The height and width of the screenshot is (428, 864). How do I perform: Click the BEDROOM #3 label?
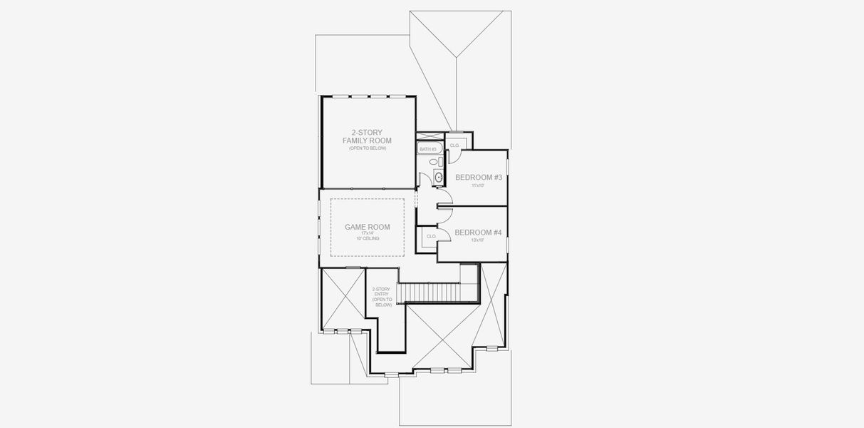click(479, 177)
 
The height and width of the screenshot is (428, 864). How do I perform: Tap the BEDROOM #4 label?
click(478, 233)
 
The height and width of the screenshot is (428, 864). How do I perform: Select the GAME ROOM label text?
click(367, 227)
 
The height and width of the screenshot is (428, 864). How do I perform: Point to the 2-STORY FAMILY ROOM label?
click(367, 136)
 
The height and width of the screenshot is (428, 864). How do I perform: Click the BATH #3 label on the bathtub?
click(427, 149)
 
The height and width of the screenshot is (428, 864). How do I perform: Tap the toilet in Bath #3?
click(432, 163)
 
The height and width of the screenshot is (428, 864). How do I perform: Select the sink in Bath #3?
click(438, 177)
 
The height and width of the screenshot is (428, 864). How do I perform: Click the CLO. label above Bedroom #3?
click(454, 146)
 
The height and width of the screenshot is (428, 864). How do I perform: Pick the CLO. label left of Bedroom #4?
click(431, 236)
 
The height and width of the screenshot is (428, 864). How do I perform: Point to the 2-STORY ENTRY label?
click(382, 297)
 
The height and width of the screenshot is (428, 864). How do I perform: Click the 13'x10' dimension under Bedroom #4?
click(477, 240)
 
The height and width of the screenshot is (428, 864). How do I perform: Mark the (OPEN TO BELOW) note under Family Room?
click(367, 148)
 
